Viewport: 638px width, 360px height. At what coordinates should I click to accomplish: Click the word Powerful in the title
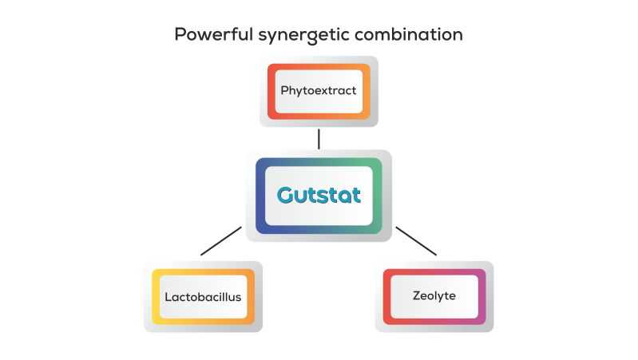point(209,35)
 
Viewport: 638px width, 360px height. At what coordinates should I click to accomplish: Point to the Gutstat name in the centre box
point(319,195)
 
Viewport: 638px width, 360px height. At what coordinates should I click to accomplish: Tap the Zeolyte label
point(434,295)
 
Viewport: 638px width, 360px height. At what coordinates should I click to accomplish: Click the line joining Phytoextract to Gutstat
point(319,139)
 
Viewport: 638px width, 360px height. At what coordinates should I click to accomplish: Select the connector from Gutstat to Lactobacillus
point(220,241)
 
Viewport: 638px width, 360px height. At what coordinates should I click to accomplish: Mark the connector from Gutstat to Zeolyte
point(416,241)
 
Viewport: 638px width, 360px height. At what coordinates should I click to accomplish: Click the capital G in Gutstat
point(286,195)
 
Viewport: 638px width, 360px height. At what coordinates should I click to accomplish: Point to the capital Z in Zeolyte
point(417,295)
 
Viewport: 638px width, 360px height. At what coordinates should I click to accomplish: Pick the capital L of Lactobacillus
point(168,296)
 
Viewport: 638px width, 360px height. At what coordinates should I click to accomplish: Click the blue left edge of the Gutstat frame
point(260,196)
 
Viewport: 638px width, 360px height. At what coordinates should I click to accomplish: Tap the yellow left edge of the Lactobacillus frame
point(156,296)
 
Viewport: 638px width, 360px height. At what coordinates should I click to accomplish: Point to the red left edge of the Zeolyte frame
point(387,296)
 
